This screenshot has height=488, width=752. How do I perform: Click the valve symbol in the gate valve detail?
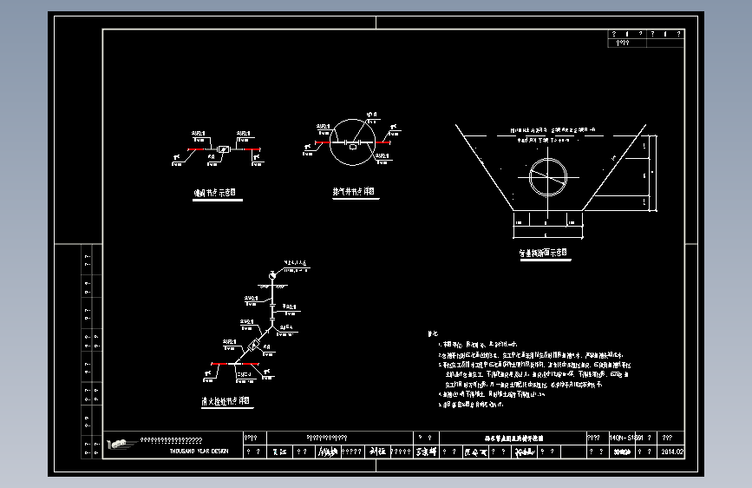pyautogui.click(x=224, y=149)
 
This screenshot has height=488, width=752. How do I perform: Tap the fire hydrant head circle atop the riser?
pyautogui.click(x=272, y=274)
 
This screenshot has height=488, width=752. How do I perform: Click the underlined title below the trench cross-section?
pyautogui.click(x=543, y=254)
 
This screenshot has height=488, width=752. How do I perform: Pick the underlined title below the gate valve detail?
pyautogui.click(x=214, y=195)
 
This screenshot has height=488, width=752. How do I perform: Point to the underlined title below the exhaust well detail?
pyautogui.click(x=353, y=192)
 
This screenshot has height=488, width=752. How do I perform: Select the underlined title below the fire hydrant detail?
pyautogui.click(x=222, y=401)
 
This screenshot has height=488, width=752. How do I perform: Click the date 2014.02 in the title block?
pyautogui.click(x=673, y=452)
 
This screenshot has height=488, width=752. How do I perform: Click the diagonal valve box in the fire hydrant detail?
pyautogui.click(x=255, y=345)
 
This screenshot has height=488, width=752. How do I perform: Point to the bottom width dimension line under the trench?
pyautogui.click(x=545, y=234)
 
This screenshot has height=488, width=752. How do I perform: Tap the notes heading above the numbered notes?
pyautogui.click(x=433, y=333)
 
